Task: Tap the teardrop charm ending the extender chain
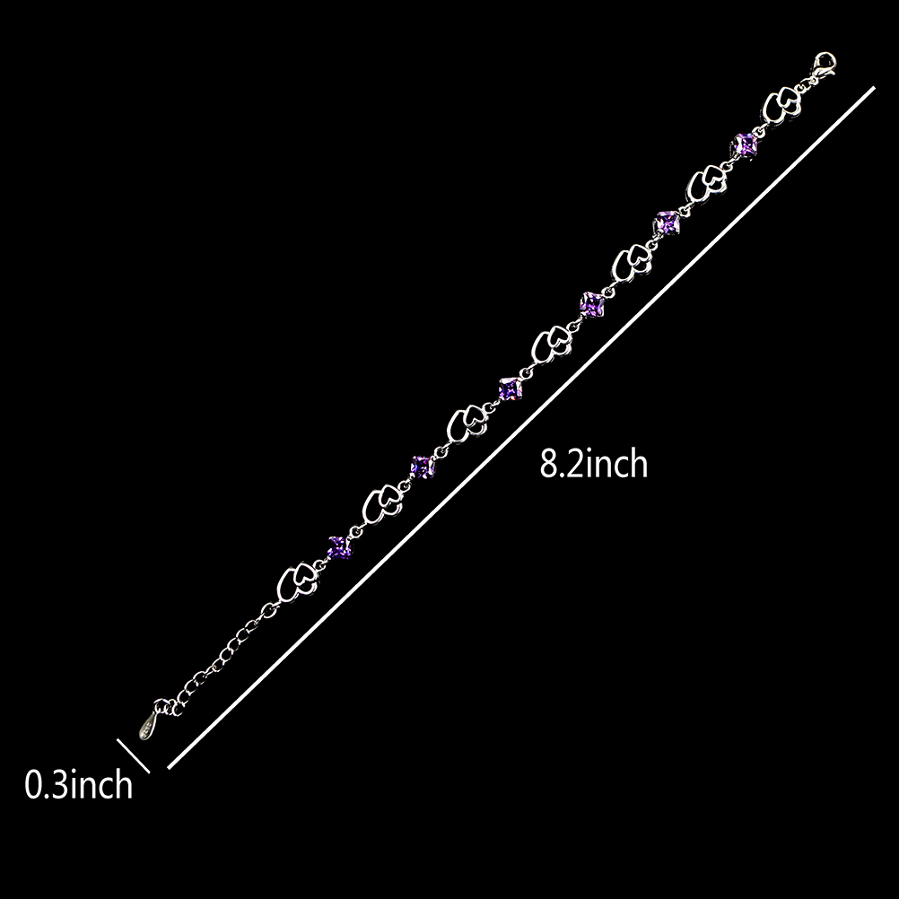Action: [x=147, y=722]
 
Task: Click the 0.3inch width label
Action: [x=78, y=785]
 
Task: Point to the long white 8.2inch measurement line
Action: [x=520, y=427]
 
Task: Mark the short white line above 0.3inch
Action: [x=133, y=754]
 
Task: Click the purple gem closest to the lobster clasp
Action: [x=746, y=144]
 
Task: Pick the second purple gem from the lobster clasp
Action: [x=668, y=221]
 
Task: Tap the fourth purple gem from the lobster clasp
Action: [x=510, y=388]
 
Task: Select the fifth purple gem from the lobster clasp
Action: [x=422, y=467]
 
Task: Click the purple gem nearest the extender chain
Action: [x=338, y=546]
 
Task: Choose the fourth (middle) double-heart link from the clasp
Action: [x=551, y=345]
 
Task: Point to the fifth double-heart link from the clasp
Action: [x=467, y=424]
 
